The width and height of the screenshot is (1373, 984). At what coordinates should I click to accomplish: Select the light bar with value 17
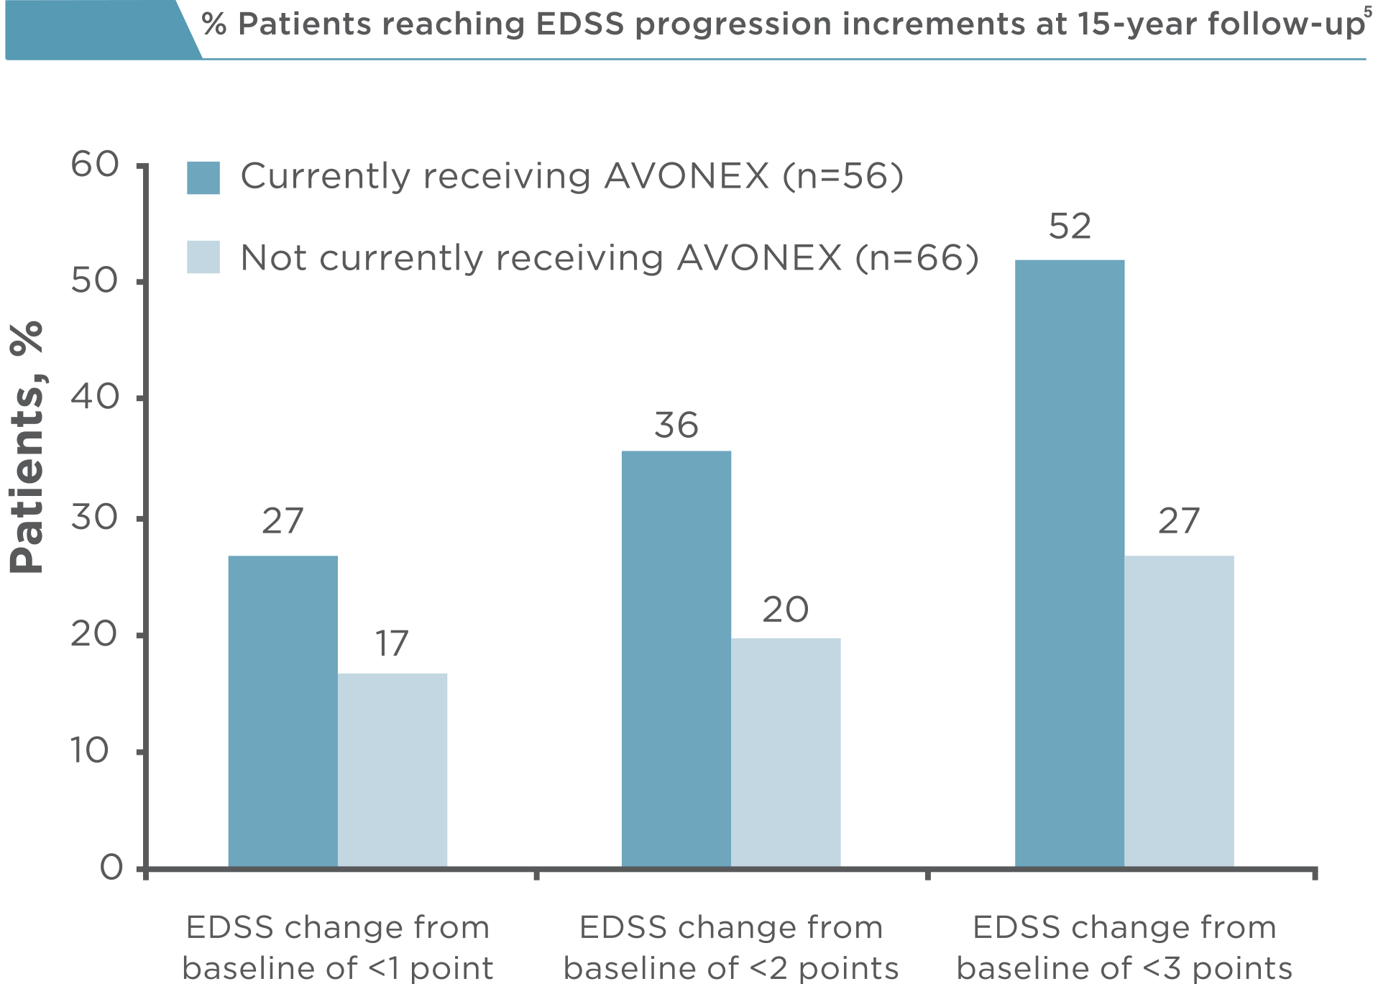pyautogui.click(x=392, y=770)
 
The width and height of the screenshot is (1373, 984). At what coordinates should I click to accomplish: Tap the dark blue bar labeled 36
pyautogui.click(x=676, y=658)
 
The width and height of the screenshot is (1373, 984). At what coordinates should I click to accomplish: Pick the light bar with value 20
pyautogui.click(x=786, y=752)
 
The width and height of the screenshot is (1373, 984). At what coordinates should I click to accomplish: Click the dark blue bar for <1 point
pyautogui.click(x=283, y=711)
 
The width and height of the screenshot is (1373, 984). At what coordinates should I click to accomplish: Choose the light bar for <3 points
pyautogui.click(x=1179, y=711)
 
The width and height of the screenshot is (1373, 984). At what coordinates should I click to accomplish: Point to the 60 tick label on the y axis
pyautogui.click(x=95, y=165)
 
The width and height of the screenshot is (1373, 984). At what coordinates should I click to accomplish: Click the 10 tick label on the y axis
pyautogui.click(x=90, y=751)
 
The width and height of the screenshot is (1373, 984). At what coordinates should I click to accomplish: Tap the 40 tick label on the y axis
pyautogui.click(x=95, y=397)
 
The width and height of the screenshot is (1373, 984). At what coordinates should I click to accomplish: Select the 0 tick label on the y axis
pyautogui.click(x=112, y=868)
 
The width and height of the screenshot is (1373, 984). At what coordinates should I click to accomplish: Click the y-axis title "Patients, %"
pyautogui.click(x=27, y=447)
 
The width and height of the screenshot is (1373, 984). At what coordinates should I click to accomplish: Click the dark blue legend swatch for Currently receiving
pyautogui.click(x=203, y=178)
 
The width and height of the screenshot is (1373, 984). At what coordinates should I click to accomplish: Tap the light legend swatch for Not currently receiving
pyautogui.click(x=203, y=257)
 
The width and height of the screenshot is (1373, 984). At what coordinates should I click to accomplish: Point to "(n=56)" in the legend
pyautogui.click(x=842, y=176)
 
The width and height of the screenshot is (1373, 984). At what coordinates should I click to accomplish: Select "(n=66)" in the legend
pyautogui.click(x=917, y=257)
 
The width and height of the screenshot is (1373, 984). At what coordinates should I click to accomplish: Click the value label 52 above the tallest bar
pyautogui.click(x=1070, y=226)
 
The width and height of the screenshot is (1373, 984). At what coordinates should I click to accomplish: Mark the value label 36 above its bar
pyautogui.click(x=676, y=425)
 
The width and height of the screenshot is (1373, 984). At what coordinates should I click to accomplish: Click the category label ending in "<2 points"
pyautogui.click(x=731, y=947)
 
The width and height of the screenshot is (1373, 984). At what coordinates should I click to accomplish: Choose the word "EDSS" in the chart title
pyautogui.click(x=580, y=24)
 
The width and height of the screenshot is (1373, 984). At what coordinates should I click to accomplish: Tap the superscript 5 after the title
pyautogui.click(x=1367, y=10)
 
